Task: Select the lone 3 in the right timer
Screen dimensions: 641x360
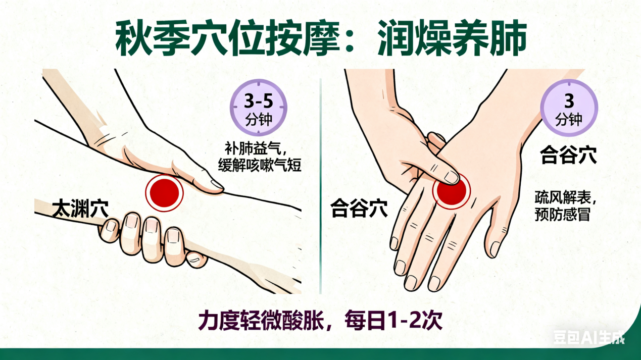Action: pos(569,100)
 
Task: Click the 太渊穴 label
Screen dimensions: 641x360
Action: pos(80,209)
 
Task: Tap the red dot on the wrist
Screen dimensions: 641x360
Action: pos(164,193)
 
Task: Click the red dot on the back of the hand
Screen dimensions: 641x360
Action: pos(451,191)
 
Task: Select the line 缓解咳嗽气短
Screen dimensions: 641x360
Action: pos(260,165)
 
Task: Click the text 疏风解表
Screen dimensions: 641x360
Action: pos(563,197)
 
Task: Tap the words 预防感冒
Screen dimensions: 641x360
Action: pos(563,214)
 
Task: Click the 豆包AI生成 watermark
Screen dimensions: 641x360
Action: pos(589,337)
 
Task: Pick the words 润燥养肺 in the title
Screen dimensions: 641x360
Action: pos(452,37)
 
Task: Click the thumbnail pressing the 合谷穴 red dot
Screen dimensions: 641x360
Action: pos(452,177)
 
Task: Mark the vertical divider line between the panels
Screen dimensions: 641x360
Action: pos(320,186)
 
